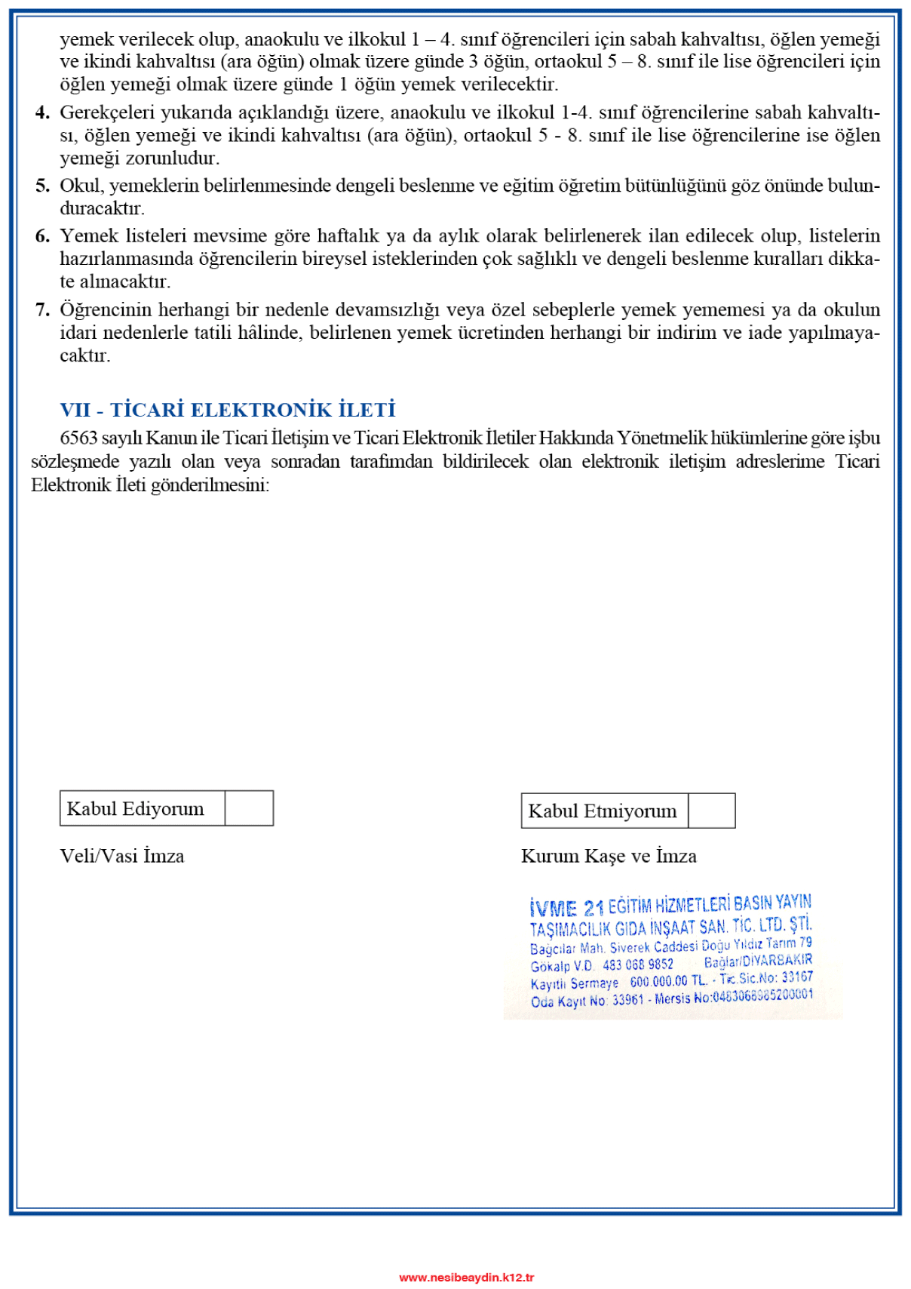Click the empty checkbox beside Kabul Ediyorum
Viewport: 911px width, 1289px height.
(x=249, y=808)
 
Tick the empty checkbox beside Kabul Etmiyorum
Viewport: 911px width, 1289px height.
(x=711, y=811)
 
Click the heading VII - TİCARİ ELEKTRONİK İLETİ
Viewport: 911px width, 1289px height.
(x=228, y=410)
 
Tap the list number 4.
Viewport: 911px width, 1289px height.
(x=42, y=112)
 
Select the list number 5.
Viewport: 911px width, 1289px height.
(x=42, y=186)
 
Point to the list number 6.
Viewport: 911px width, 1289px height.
(x=42, y=236)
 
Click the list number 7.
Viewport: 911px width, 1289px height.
(x=42, y=309)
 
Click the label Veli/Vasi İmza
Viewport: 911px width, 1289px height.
(x=122, y=856)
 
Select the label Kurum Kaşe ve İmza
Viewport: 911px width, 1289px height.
(x=609, y=856)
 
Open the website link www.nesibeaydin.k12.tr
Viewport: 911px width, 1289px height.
(x=466, y=1277)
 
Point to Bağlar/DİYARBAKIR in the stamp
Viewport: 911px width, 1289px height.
(x=758, y=961)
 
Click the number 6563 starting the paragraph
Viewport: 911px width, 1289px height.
(x=78, y=438)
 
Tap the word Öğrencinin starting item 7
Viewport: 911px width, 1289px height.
(x=106, y=309)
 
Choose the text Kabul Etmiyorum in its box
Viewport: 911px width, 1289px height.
(x=603, y=811)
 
